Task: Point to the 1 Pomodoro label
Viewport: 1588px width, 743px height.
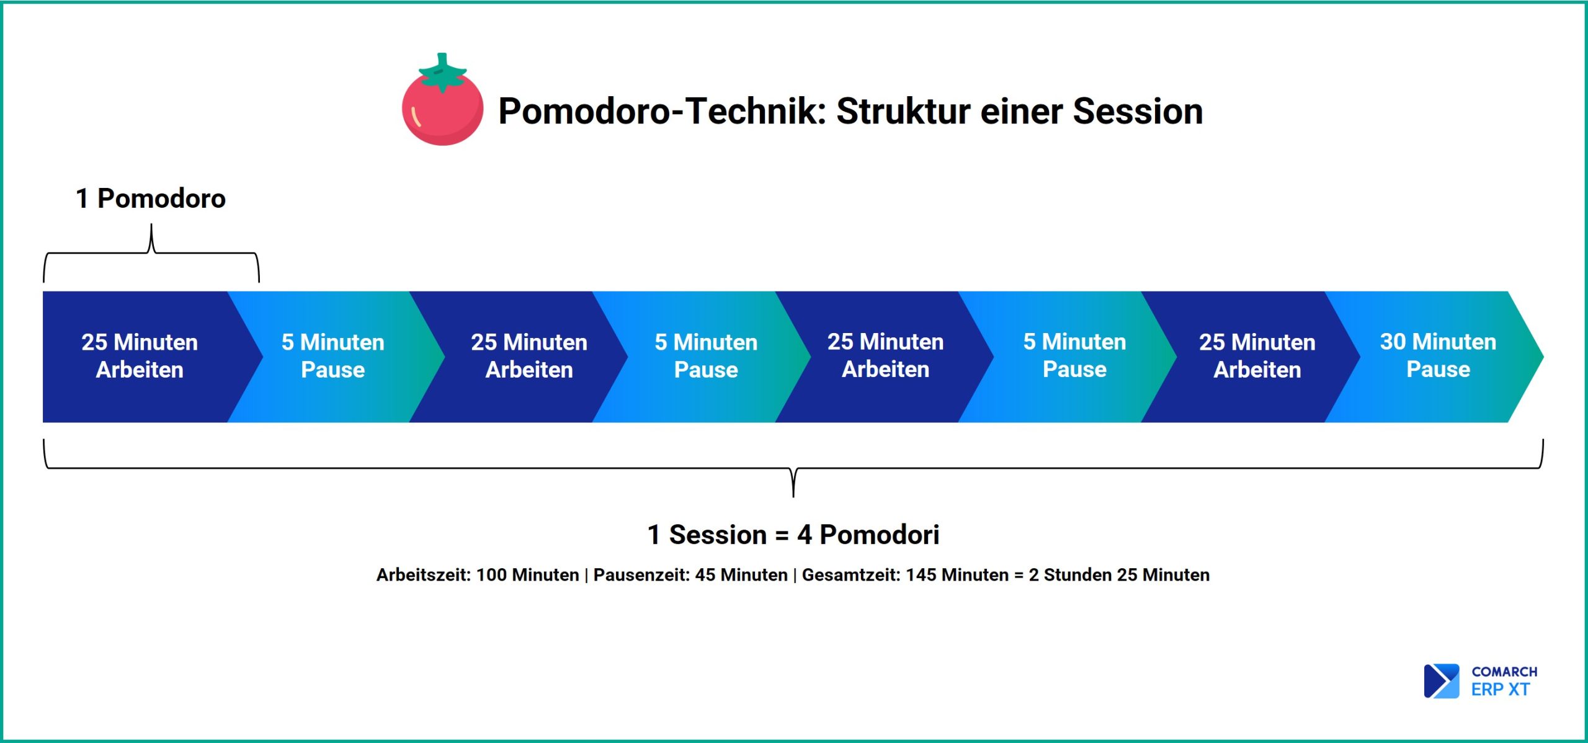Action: click(151, 198)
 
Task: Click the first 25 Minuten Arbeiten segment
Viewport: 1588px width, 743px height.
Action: click(140, 356)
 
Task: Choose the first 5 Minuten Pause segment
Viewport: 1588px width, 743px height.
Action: click(333, 356)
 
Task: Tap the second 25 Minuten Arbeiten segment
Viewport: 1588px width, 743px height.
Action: click(529, 356)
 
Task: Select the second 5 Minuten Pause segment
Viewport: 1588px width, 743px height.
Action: click(706, 356)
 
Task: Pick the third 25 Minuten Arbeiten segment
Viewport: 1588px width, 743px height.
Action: click(885, 356)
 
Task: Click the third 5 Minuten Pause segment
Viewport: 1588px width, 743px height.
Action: click(1074, 356)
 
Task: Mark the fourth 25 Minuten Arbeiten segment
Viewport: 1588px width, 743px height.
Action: click(1257, 356)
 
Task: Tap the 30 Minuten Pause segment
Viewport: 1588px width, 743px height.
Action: click(1438, 356)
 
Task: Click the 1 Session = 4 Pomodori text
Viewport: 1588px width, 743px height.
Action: click(793, 535)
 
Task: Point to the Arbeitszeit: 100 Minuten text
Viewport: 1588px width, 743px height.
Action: click(478, 575)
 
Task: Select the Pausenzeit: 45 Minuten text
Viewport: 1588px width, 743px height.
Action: click(690, 575)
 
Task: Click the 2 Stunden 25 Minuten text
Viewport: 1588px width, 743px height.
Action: click(1119, 575)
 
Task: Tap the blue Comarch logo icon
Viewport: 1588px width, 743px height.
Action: click(1441, 681)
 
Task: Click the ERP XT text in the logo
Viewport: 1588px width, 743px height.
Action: click(1501, 690)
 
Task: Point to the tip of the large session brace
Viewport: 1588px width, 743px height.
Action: click(793, 496)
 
